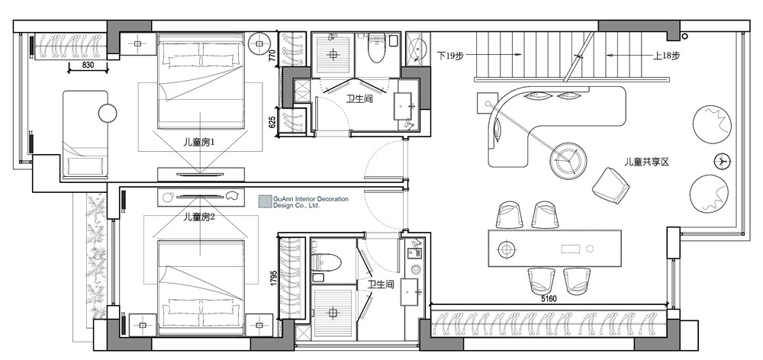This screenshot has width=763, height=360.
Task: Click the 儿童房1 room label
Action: coord(199,143)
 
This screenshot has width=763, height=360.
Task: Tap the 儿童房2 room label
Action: coord(199,217)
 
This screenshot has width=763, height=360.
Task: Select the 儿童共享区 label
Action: coord(647,162)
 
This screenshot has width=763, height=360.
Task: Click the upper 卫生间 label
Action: coord(359,98)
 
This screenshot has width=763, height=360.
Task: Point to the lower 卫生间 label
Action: coord(381,284)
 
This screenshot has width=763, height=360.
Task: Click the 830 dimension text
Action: coord(88,65)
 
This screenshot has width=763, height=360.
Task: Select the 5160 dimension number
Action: coord(549,299)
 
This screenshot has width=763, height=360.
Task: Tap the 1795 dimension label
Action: coord(274,278)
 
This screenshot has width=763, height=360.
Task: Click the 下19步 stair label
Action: coord(450,56)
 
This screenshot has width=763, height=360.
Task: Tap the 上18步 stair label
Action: coord(666,56)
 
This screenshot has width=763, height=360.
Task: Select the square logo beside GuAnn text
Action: coord(265,202)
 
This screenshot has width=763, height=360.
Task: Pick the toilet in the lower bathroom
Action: coord(327,262)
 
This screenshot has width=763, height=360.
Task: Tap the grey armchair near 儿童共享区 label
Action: coord(611,185)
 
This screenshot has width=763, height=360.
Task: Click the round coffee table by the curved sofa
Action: coord(568,161)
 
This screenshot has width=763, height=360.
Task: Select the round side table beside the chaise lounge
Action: coord(108,114)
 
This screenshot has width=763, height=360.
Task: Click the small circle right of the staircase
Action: coord(685,37)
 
